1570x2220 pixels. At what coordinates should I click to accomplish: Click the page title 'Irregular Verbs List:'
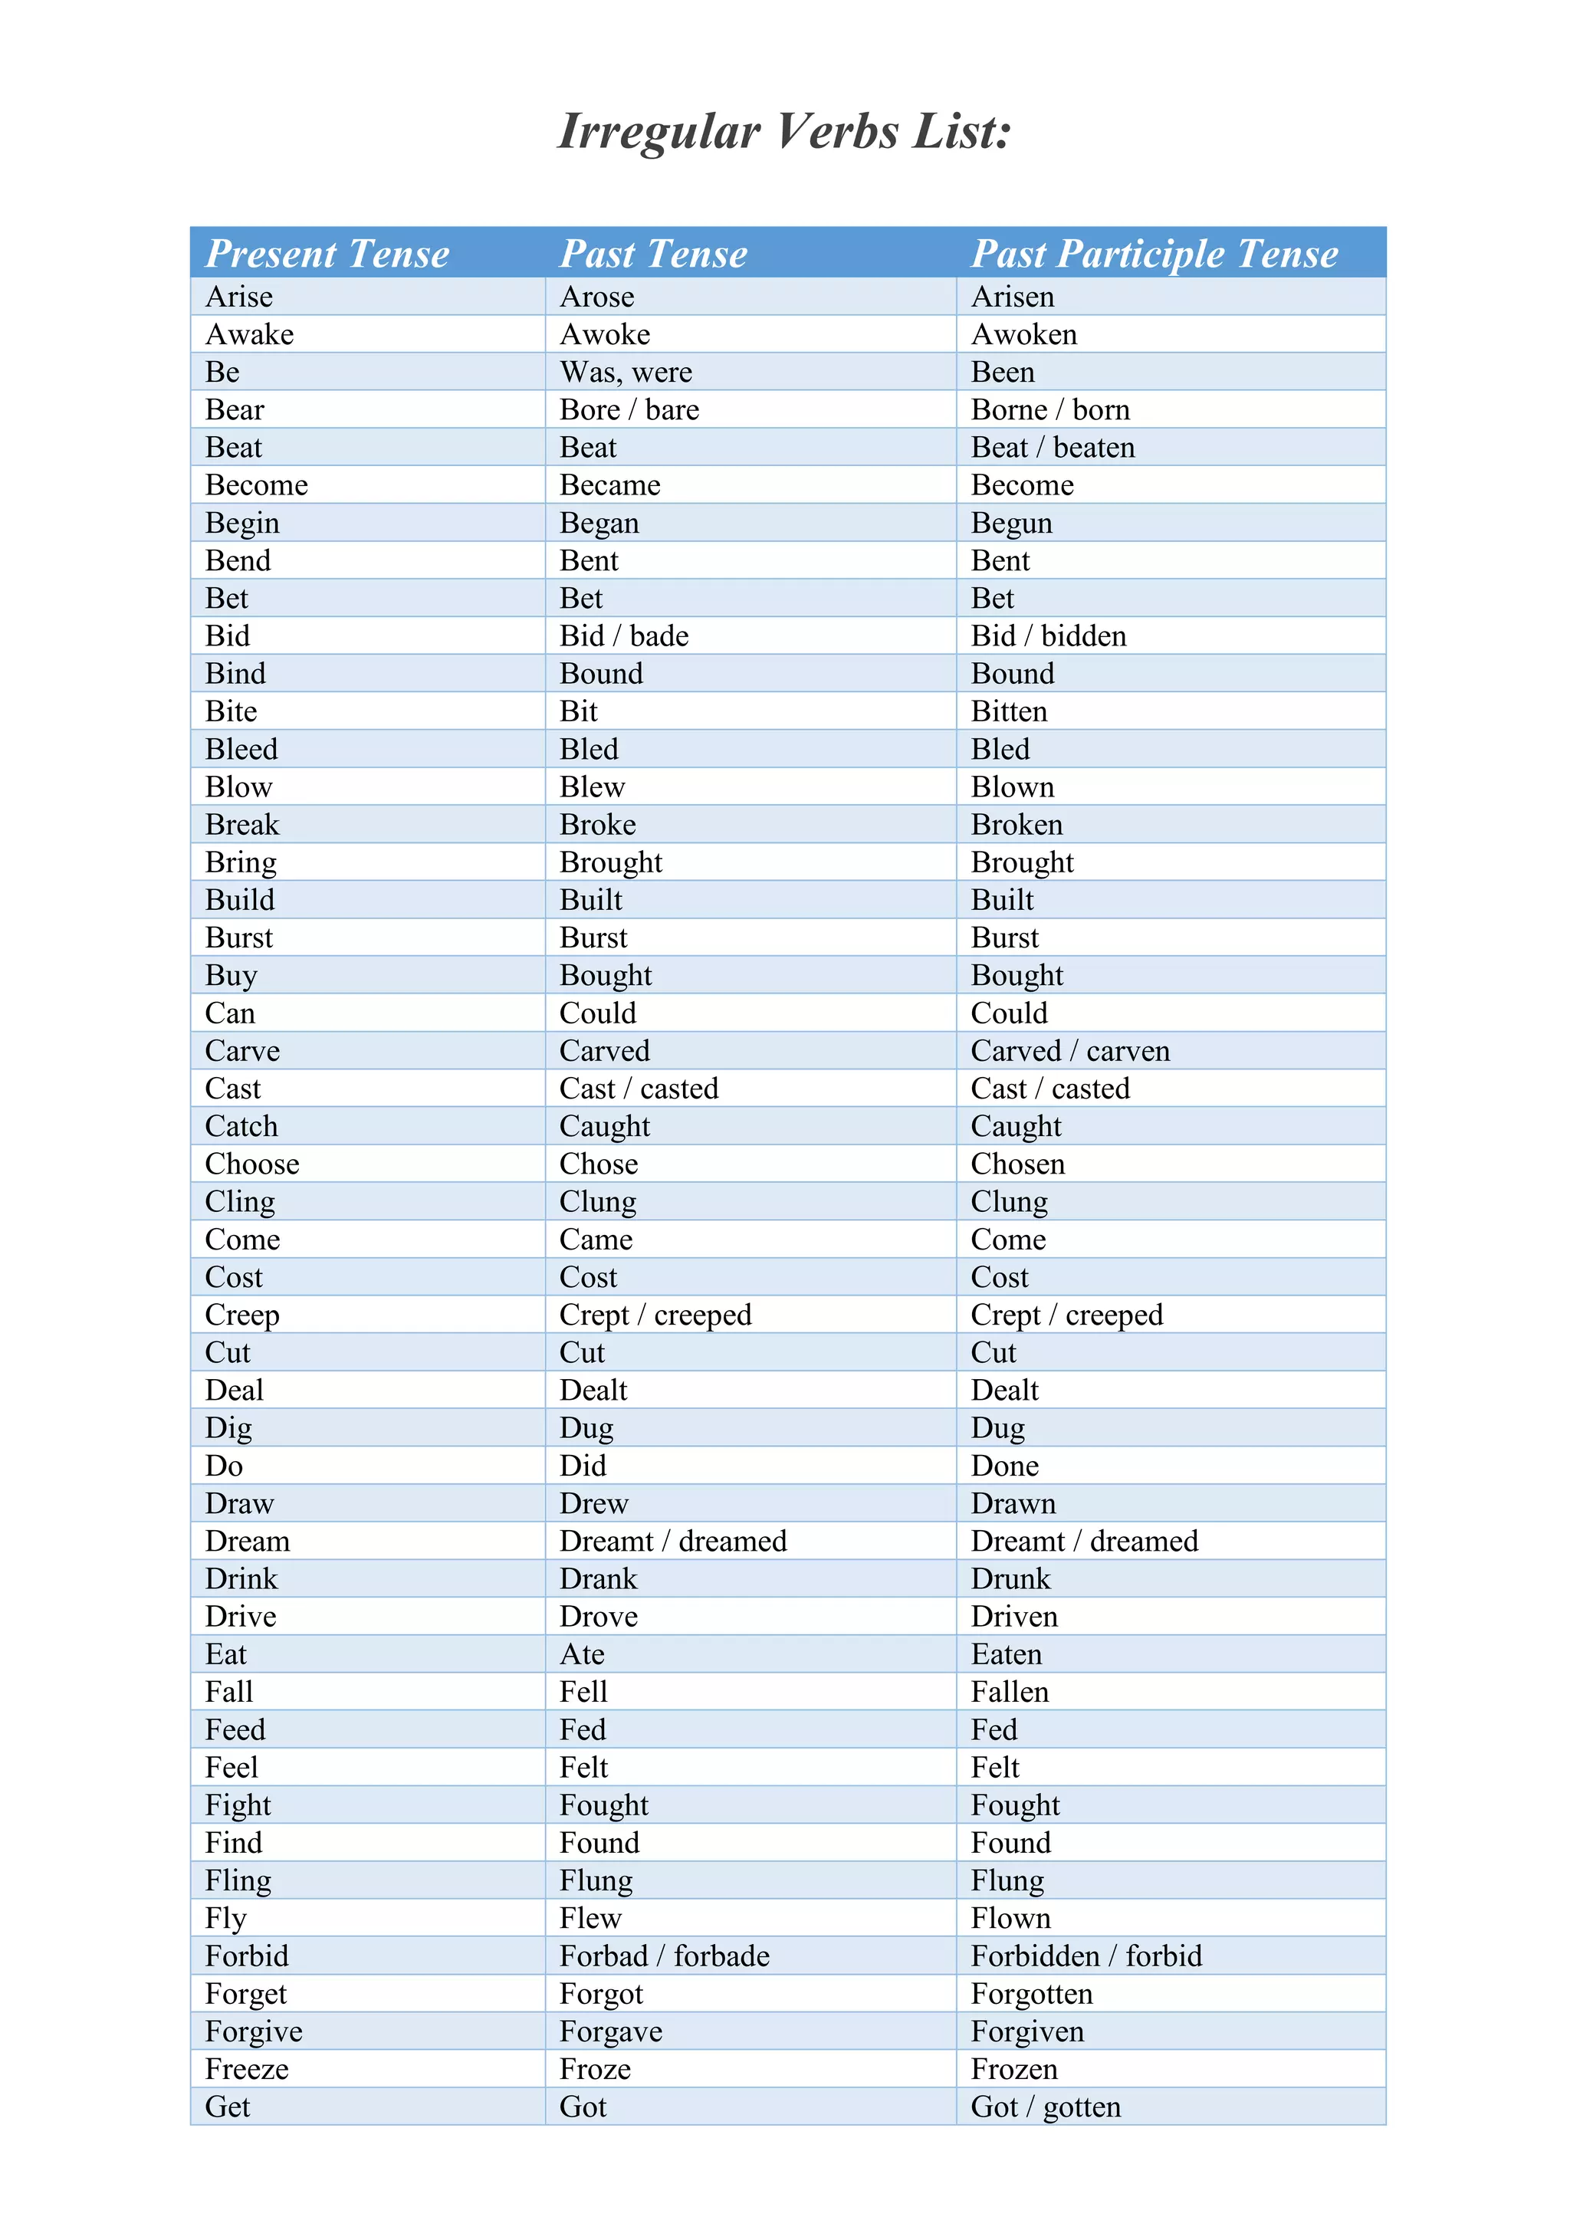point(784,132)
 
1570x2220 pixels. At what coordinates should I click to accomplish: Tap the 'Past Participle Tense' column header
point(1155,253)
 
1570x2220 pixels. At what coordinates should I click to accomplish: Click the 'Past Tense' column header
point(653,253)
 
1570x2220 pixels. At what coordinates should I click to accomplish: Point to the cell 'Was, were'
point(626,373)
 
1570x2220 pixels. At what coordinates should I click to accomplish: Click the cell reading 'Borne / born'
point(1050,410)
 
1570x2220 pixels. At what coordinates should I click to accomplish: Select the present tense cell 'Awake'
point(249,334)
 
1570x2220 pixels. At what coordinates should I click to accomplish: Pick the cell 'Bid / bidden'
point(1049,636)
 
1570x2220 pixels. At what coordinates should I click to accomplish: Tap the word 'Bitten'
point(1010,711)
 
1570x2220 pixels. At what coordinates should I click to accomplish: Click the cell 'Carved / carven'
point(1070,1051)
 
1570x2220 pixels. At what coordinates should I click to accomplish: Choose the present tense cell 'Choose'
point(252,1164)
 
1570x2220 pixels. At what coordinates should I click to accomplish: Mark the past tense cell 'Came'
point(596,1240)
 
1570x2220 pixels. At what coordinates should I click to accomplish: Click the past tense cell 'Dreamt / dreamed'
point(673,1542)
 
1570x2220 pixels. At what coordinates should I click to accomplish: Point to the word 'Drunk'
point(1010,1579)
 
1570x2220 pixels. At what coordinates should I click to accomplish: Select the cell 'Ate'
point(582,1654)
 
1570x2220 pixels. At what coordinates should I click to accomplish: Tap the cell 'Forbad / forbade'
point(664,1956)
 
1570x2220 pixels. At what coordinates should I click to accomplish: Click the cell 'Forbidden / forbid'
point(1086,1956)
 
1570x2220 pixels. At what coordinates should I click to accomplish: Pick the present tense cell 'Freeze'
point(247,2069)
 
